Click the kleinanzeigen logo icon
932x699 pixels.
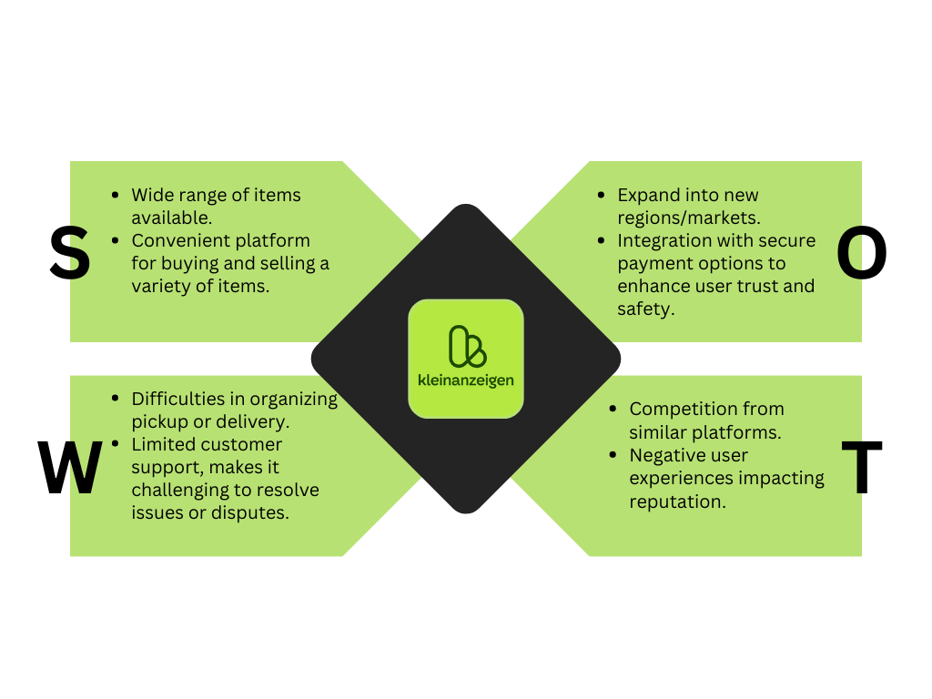(x=466, y=347)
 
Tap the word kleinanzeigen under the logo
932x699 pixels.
(x=466, y=380)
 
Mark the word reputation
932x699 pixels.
(x=678, y=501)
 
